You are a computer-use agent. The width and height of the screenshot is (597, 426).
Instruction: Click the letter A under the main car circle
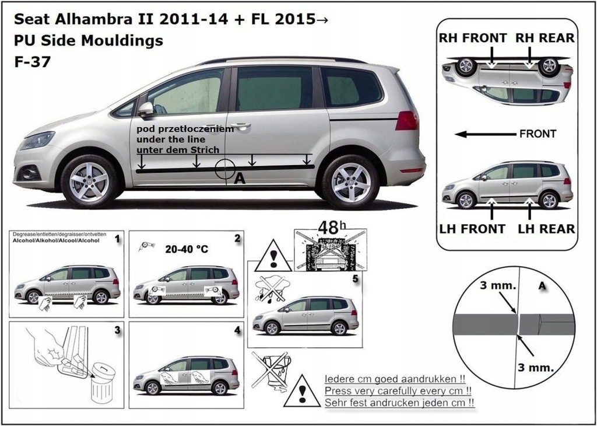[x=238, y=180]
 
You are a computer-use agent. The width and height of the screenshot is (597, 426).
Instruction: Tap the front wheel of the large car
[x=89, y=181]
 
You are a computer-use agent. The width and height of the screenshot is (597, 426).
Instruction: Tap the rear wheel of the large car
[x=350, y=182]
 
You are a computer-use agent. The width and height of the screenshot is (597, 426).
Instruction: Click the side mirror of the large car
[x=145, y=109]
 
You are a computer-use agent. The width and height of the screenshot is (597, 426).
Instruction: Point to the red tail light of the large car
[x=406, y=121]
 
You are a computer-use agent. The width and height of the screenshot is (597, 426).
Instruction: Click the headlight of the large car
[x=37, y=141]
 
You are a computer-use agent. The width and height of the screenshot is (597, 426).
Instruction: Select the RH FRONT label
[x=473, y=38]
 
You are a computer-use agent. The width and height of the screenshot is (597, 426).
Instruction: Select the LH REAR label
[x=546, y=228]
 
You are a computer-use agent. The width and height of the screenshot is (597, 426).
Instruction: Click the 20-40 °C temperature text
[x=186, y=249]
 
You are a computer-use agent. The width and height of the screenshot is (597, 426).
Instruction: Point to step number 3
[x=117, y=330]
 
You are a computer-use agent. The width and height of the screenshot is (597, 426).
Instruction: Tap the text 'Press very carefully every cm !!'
[x=398, y=390]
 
